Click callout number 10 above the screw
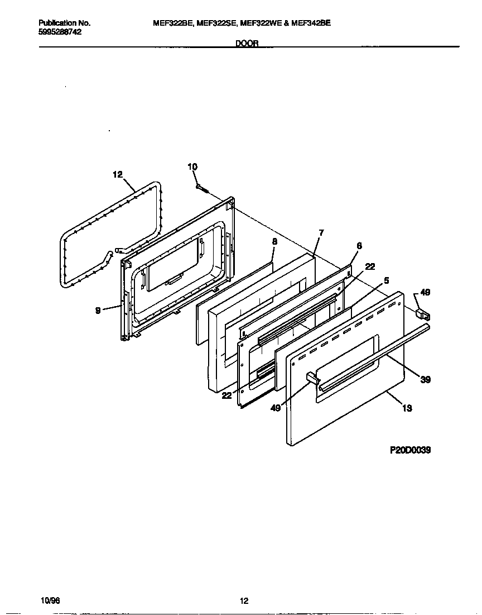point(192,166)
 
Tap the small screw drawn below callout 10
point(202,188)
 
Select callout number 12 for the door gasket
point(117,174)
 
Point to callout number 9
point(98,311)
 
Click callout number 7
point(321,232)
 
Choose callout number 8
point(274,241)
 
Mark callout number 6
point(359,245)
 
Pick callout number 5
point(386,280)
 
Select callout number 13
point(407,408)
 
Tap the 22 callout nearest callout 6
point(370,266)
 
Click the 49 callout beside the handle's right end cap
point(425,292)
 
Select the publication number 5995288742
point(60,32)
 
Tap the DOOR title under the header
point(247,44)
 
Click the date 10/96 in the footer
point(50,600)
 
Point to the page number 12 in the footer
point(244,601)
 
